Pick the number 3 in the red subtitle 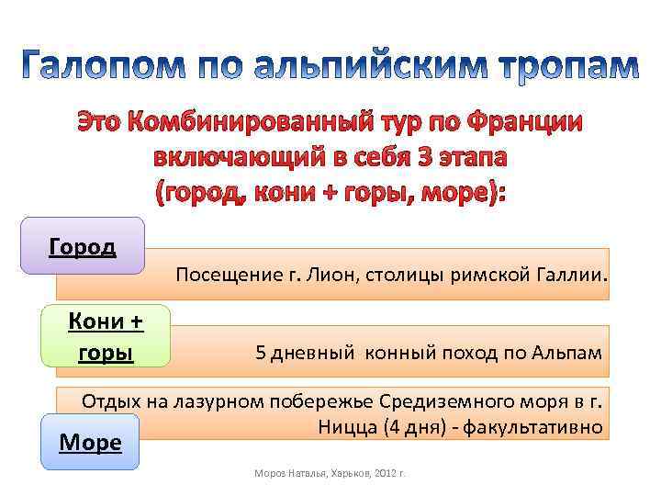point(423,156)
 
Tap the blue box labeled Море point(90,442)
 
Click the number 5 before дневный point(261,353)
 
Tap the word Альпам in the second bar point(569,353)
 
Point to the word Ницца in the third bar point(344,427)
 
